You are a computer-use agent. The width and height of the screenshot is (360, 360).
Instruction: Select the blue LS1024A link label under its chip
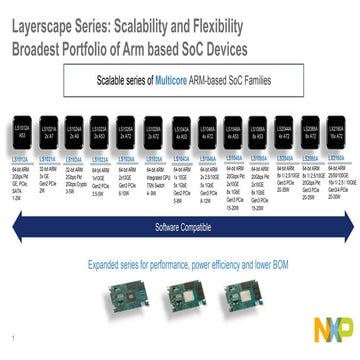[73, 158]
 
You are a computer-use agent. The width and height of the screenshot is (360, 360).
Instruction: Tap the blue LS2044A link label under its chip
[286, 158]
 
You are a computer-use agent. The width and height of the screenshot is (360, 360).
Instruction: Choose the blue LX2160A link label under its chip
[340, 158]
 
